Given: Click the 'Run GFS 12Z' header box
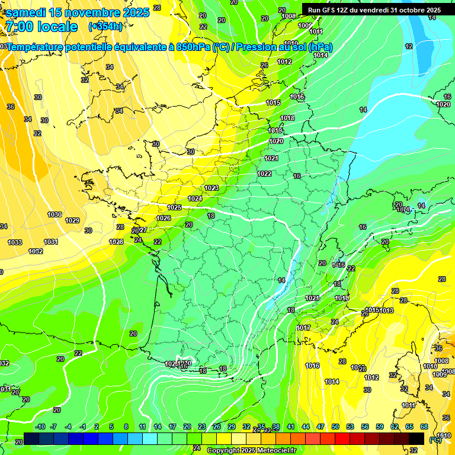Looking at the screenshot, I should click(374, 10).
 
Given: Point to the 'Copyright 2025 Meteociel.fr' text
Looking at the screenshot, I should click(251, 450).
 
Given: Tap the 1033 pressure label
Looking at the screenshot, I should click(15, 242).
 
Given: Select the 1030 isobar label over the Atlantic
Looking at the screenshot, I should click(55, 214).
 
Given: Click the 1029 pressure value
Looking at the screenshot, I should click(72, 220).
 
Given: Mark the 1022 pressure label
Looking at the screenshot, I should click(264, 174).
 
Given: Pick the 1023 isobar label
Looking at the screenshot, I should click(212, 188).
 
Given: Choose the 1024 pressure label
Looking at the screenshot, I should click(195, 198).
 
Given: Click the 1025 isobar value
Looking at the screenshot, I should click(174, 207).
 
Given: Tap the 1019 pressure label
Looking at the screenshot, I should click(275, 130).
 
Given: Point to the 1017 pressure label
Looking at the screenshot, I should click(304, 328).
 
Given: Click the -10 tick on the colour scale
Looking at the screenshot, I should click(40, 427).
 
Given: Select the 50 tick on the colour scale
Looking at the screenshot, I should click(335, 427).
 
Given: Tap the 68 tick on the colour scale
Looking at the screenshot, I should click(424, 427).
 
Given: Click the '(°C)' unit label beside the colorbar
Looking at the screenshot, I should click(435, 440).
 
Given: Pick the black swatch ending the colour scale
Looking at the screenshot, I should click(416, 438).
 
